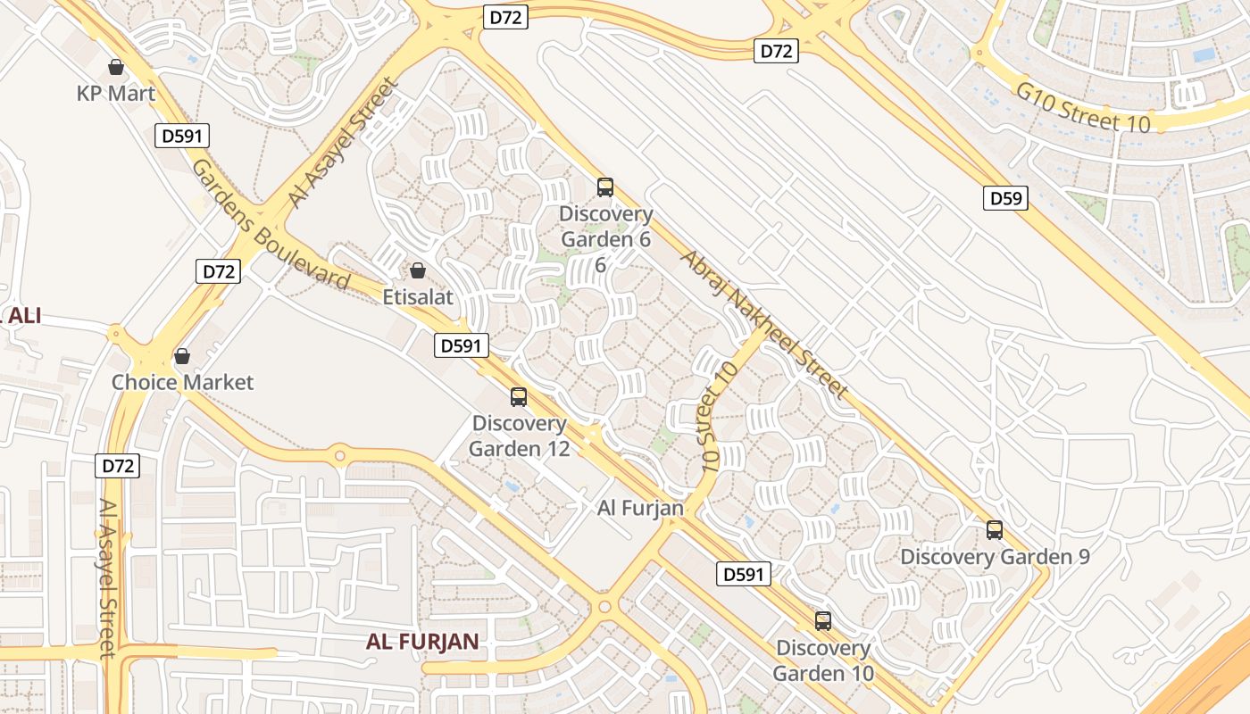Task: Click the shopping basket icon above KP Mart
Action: (x=115, y=67)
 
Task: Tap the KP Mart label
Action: (x=116, y=93)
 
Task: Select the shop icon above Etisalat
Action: (x=417, y=270)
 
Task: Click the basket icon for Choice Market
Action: (x=182, y=356)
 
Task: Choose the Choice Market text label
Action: (x=182, y=382)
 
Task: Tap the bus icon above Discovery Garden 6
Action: (x=605, y=187)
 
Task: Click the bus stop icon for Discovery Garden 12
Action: (x=519, y=397)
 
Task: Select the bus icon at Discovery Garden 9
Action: (x=995, y=530)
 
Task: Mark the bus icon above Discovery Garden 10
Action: (x=823, y=621)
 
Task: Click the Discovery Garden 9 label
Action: (x=995, y=556)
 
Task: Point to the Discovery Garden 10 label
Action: (x=823, y=660)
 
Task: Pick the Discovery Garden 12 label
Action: (x=519, y=436)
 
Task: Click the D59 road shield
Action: (x=1006, y=198)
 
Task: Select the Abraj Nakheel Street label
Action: (x=763, y=323)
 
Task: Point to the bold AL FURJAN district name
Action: (x=422, y=641)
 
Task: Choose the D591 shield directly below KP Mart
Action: (x=184, y=136)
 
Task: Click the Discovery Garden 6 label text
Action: (x=605, y=227)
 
